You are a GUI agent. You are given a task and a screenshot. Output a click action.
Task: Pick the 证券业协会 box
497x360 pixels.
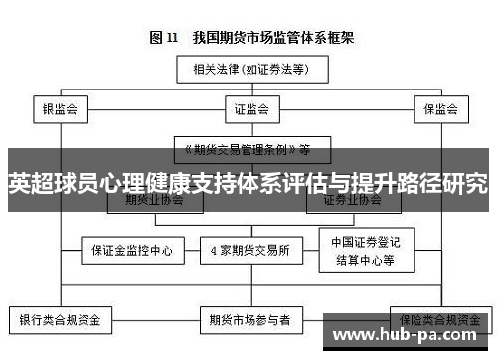353,201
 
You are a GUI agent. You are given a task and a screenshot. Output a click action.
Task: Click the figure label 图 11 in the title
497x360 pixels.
163,39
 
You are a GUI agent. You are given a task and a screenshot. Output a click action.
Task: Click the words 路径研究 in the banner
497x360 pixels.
441,183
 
